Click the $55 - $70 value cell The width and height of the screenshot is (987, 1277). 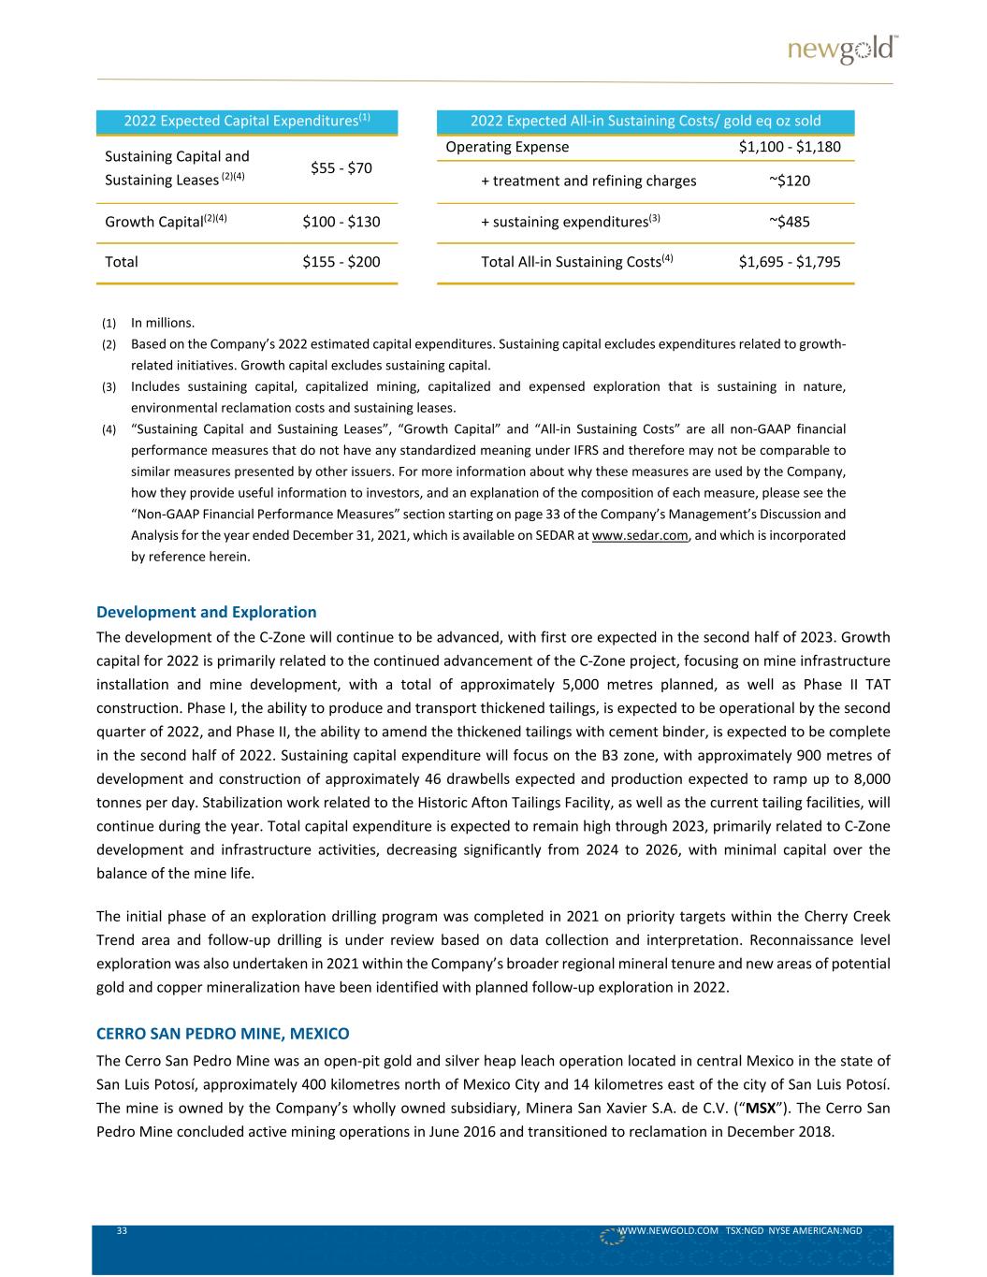[x=341, y=167]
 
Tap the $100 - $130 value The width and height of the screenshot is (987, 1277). [x=341, y=222]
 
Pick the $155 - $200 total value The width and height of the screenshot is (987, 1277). [x=341, y=261]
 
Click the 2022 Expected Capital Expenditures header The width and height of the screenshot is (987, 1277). [x=247, y=121]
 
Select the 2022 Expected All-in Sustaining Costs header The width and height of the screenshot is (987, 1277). [x=646, y=121]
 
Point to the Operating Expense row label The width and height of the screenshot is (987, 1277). [x=507, y=147]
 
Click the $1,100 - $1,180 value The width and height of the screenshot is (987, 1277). [x=789, y=147]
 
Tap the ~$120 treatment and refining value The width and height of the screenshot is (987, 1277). [x=789, y=181]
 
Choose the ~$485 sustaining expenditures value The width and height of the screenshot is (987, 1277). [x=789, y=222]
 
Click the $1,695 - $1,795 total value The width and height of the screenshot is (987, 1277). [x=789, y=261]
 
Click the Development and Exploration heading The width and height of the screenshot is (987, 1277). [x=206, y=612]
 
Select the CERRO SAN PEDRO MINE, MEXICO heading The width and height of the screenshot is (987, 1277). [x=223, y=1034]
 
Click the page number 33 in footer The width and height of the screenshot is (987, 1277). [x=122, y=1231]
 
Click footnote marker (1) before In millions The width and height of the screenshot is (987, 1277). [x=109, y=324]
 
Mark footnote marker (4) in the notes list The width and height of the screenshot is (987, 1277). [x=109, y=429]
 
